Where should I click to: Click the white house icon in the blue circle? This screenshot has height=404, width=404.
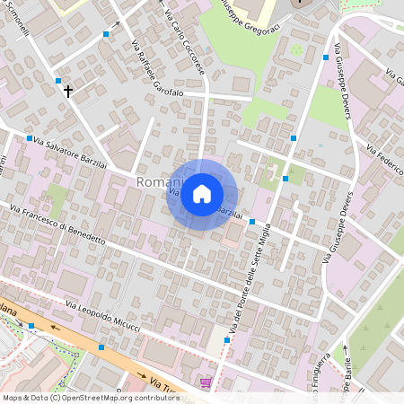point(202,194)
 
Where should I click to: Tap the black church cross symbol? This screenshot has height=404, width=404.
point(67,91)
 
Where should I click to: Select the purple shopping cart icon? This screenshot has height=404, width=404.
point(206,382)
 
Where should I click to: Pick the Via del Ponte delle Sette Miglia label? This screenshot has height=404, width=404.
point(239,280)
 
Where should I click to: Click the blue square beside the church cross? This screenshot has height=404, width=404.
point(58,81)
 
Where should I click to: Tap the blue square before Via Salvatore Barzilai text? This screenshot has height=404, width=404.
point(30,138)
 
